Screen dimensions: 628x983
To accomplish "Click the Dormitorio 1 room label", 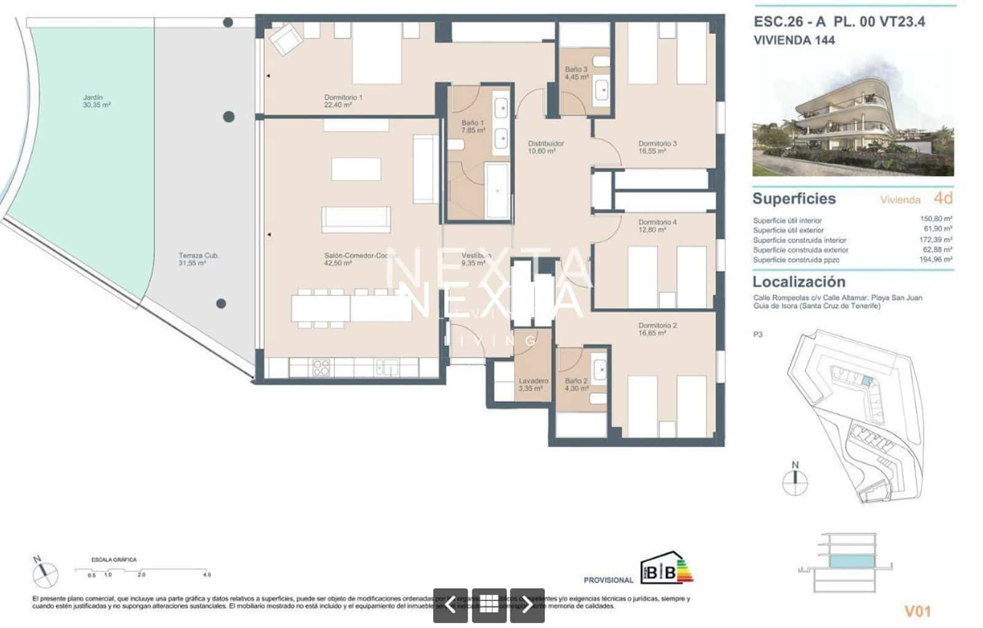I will pos(343,101).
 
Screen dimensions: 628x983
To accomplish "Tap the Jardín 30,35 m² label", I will pos(96,101).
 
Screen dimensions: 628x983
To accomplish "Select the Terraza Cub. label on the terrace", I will pos(198,258).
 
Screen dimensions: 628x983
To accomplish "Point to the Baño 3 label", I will pos(576,73).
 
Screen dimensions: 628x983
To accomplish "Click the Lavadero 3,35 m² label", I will pos(533,384).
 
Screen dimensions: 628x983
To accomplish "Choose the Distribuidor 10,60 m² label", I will pos(545,147).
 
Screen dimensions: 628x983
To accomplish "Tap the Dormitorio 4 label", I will pos(657,225).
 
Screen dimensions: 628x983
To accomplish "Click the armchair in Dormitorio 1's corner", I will pos(286,39).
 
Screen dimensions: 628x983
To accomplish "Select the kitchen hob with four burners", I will pos(321,367).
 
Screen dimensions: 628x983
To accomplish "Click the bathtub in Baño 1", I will pos(497,190).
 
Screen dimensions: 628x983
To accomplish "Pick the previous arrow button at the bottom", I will pos(450,605).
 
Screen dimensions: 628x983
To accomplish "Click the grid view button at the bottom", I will pos(489,605).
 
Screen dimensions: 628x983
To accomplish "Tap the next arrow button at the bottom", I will pos(527,605).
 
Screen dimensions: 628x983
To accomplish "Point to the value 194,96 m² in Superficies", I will pos(936,260).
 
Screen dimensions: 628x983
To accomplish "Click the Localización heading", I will pos(799,282).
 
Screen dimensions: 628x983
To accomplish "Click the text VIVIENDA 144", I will pos(794,41).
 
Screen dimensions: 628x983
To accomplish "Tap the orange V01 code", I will pos(918,611).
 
